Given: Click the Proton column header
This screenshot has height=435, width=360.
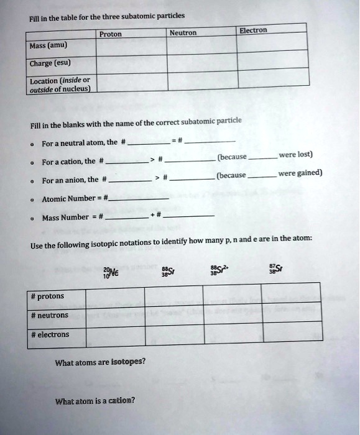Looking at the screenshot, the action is [x=111, y=34].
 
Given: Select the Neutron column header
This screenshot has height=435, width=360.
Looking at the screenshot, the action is [x=183, y=32].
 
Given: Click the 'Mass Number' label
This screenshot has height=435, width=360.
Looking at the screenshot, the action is [x=66, y=218].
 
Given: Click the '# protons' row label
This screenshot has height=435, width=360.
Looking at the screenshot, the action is [x=47, y=296].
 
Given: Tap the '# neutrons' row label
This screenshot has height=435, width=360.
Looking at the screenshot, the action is [x=50, y=315].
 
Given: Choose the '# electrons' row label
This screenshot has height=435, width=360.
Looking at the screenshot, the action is [x=50, y=334].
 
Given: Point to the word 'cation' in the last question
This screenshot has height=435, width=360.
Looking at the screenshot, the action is [x=122, y=400].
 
